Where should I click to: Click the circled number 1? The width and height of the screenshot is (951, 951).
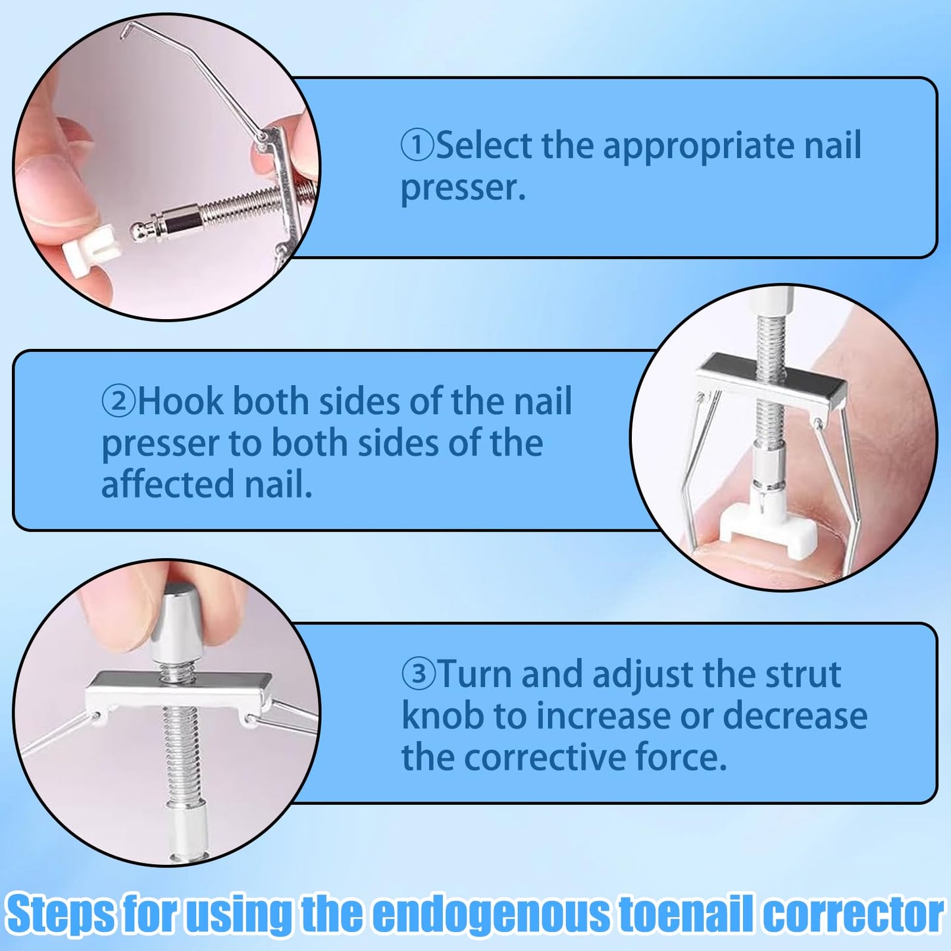point(417,145)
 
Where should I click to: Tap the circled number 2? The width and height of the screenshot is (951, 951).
point(118,402)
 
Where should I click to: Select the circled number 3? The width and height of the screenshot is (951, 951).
point(418,674)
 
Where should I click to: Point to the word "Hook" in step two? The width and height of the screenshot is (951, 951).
point(180,401)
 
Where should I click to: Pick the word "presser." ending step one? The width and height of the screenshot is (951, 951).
point(463,189)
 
